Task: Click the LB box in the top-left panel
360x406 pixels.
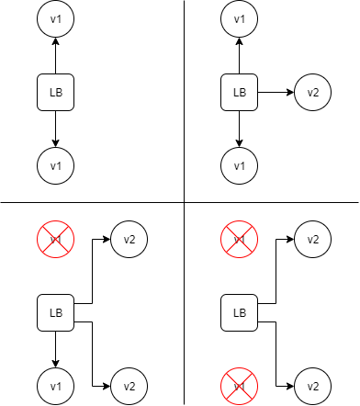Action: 55,93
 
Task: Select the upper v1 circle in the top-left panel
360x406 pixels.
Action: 55,19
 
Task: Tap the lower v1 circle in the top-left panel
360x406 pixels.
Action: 55,165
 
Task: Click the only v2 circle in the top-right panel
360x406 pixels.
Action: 312,93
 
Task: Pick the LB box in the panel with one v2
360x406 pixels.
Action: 239,93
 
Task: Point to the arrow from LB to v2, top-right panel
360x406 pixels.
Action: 276,93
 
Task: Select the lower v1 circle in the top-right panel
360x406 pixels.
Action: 239,165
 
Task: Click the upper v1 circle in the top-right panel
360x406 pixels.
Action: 239,19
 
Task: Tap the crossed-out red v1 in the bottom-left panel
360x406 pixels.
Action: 55,240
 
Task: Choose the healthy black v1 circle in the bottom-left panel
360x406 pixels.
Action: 55,386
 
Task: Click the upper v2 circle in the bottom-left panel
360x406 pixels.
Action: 129,240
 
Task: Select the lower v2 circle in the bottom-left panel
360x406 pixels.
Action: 129,386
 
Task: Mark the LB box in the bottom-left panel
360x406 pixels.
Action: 55,313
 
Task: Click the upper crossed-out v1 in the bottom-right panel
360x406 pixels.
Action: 239,240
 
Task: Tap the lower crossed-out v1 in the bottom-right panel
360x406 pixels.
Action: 239,386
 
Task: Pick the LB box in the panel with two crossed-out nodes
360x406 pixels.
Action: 239,313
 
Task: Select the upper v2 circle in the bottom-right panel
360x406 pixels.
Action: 312,240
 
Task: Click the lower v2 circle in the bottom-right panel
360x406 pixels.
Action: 312,386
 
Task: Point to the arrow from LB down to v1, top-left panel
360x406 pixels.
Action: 55,129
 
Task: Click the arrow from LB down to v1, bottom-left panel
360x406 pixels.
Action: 55,349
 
